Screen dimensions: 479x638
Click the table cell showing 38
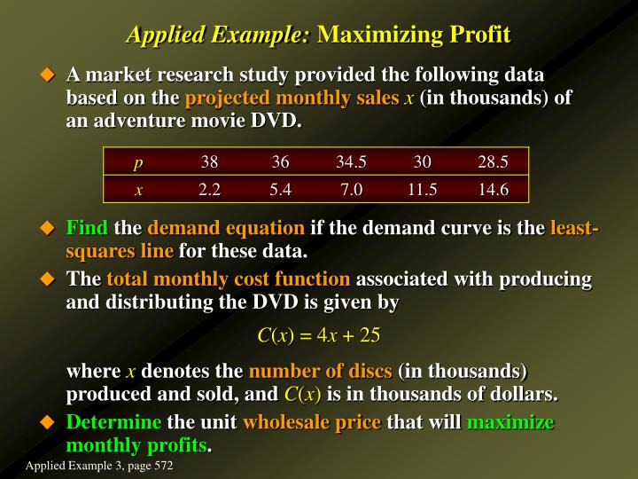[x=209, y=161]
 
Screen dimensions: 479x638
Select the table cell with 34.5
[x=351, y=161]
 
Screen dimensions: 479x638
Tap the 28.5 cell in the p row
[x=493, y=161]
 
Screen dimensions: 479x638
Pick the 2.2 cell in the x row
[x=209, y=189]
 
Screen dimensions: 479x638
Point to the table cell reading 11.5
[x=422, y=189]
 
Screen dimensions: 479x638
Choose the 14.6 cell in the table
[x=493, y=189]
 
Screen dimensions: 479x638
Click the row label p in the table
[x=138, y=162]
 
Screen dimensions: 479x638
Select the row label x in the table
[x=138, y=189]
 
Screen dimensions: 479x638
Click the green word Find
[x=88, y=229]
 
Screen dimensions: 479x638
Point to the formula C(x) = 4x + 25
[x=318, y=334]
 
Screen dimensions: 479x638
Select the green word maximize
[x=510, y=422]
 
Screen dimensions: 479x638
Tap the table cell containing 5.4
[x=280, y=189]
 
